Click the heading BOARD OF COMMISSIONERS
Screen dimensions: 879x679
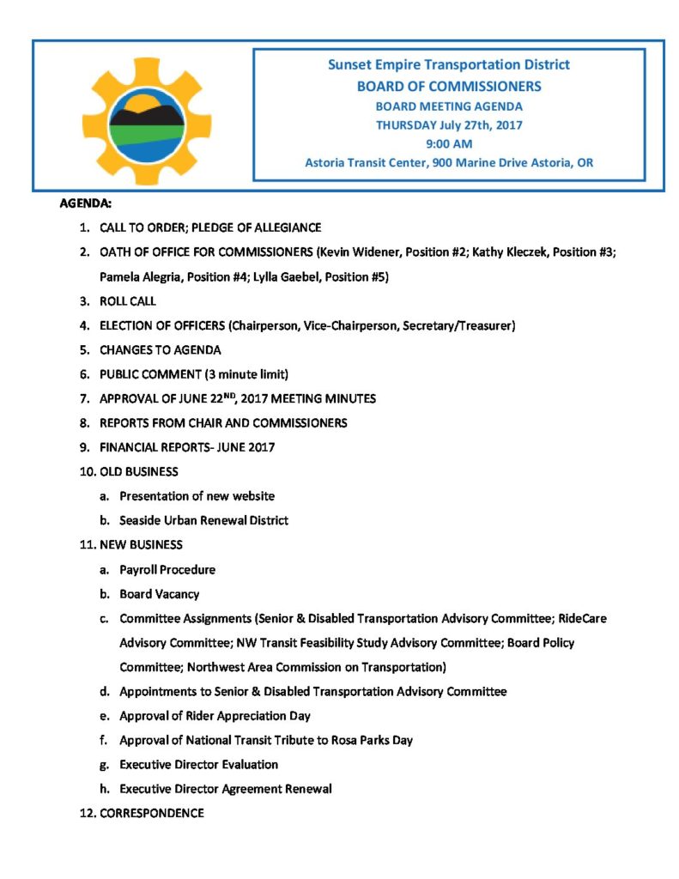tap(449, 86)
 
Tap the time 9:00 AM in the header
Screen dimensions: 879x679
tap(449, 143)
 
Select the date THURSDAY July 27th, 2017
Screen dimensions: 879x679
tap(449, 124)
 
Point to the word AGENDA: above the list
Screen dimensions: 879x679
tap(85, 204)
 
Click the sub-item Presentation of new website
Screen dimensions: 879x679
tap(197, 495)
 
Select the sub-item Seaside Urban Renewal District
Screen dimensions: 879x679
tap(203, 520)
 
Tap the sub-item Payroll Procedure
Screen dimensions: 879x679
tap(167, 569)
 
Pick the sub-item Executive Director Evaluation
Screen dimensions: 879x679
tap(198, 764)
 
